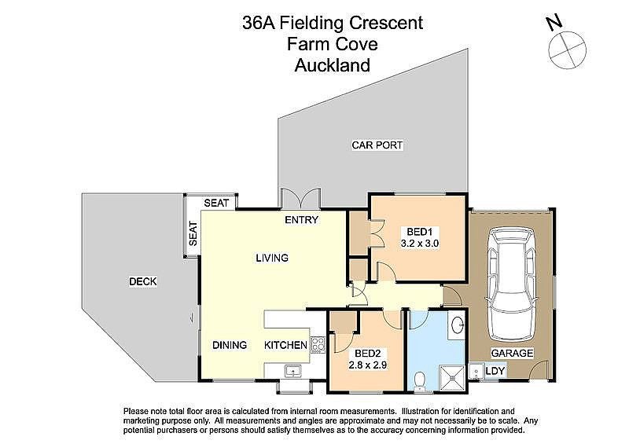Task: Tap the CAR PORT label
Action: [x=377, y=145]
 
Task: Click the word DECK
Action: [x=142, y=282]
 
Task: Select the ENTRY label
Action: [x=301, y=220]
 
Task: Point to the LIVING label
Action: [x=271, y=258]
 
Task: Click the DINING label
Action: [x=230, y=345]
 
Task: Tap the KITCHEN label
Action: [x=285, y=345]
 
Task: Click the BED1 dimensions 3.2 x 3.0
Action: [x=420, y=244]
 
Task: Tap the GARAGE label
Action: [x=513, y=353]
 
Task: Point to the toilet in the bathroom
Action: [x=421, y=380]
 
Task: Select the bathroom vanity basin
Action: [x=458, y=326]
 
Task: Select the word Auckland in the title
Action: [x=332, y=65]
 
